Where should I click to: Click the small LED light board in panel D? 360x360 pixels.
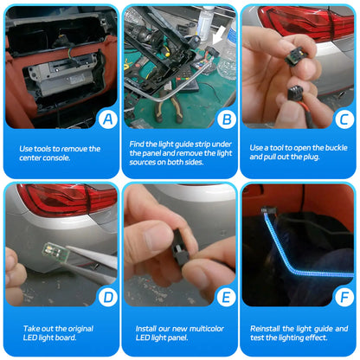click(x=53, y=252)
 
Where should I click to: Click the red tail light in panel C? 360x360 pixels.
click(x=312, y=26)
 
